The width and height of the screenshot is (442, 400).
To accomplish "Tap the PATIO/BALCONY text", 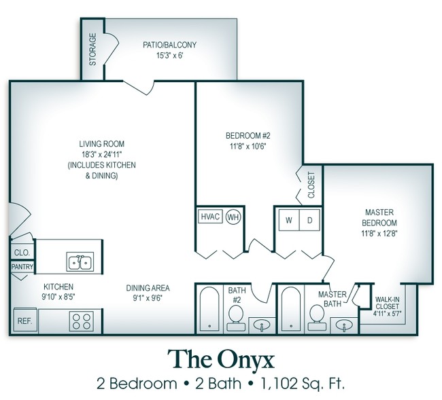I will coord(169,45).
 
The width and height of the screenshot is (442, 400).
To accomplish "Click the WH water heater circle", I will coord(233,217).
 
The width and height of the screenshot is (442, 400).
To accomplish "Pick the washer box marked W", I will coord(288,221).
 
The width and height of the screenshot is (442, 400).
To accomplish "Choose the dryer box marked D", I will coord(309,221).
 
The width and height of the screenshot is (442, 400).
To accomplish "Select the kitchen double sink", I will coord(80,261).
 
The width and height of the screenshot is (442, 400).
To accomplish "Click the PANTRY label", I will coord(22,267).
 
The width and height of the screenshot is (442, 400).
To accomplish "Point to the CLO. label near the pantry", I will coord(20,252).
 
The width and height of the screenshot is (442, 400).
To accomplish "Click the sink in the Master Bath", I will coord(345,326).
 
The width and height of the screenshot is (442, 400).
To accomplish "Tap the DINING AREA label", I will coord(148,287).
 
